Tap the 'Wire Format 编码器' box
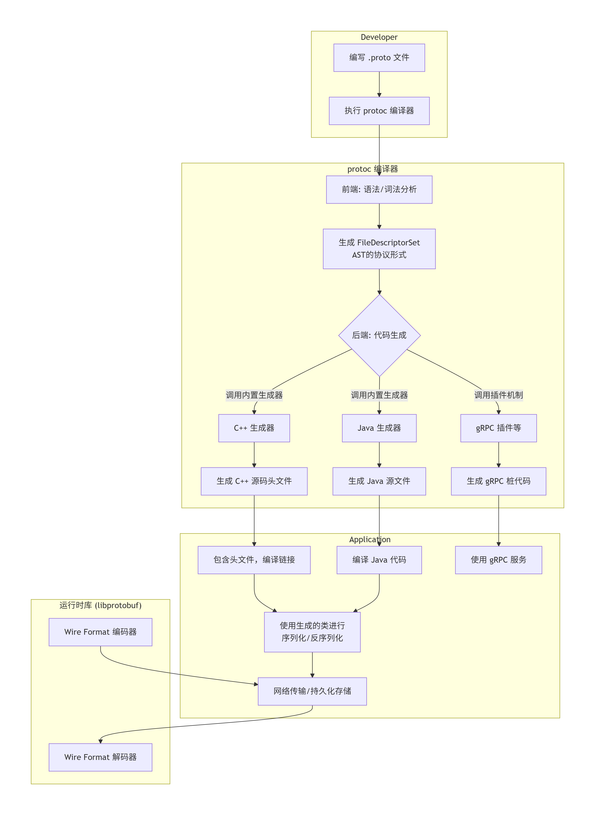point(100,632)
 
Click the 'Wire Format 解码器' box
point(100,757)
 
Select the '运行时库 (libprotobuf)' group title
point(100,605)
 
